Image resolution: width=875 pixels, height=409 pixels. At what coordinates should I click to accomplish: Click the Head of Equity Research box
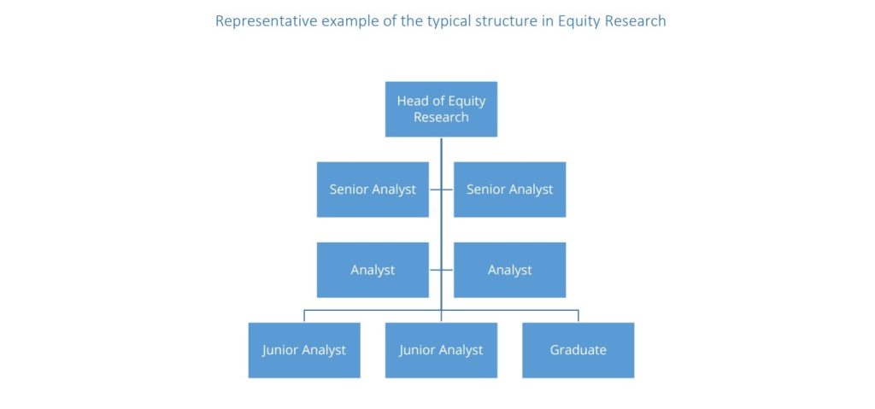tap(441, 109)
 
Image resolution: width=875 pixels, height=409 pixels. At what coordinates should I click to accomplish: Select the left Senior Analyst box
tap(373, 190)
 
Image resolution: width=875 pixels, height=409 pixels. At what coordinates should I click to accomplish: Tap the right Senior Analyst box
tap(509, 190)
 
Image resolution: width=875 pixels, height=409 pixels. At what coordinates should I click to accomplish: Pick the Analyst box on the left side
tap(373, 270)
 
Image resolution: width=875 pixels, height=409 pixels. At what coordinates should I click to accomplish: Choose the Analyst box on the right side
tap(509, 270)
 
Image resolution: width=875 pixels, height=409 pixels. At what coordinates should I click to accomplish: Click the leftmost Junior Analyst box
tap(304, 350)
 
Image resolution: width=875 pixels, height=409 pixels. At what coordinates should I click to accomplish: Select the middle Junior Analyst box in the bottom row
tap(441, 350)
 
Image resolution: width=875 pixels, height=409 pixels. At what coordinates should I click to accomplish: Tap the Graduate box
tap(578, 350)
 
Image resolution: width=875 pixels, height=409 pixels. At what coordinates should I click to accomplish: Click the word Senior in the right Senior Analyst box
tap(486, 190)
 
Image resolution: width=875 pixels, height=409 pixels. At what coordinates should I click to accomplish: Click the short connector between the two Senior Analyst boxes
tap(441, 190)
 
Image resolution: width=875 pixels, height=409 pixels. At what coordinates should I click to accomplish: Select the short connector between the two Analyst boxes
tap(441, 270)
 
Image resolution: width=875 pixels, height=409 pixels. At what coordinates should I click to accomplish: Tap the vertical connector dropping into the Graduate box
tap(578, 316)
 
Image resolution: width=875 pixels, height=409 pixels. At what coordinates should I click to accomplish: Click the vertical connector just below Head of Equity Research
tap(441, 149)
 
